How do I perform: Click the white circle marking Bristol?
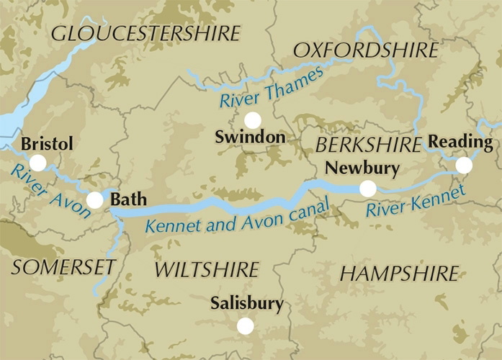coord(37,163)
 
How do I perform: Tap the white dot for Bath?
coord(94,200)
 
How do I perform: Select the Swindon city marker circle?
coord(252,120)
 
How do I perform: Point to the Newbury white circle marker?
coord(367,189)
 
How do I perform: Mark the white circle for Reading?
coord(464,166)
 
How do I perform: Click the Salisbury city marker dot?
coord(245,326)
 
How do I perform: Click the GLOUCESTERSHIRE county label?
coord(145,33)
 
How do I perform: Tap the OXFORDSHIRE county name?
coord(365,50)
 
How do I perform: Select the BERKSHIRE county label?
coord(368,145)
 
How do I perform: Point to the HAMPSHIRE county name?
coord(398,274)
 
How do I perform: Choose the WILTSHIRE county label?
coord(207,270)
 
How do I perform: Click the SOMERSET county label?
coord(63,267)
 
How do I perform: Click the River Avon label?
coord(50,192)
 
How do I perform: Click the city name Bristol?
coord(47,144)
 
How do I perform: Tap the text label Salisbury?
coord(246,304)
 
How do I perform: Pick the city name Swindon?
coord(250,138)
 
